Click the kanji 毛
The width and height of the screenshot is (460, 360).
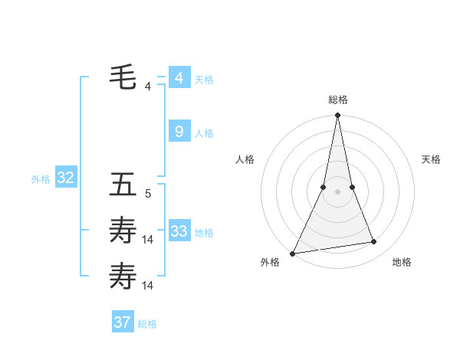(x=123, y=77)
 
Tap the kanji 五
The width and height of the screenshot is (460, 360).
(x=123, y=185)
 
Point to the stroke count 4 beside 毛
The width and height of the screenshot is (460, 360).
(x=148, y=87)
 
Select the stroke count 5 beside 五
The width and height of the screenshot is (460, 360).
(x=148, y=194)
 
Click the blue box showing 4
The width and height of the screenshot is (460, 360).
(x=179, y=78)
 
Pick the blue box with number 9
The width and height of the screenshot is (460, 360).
(x=179, y=132)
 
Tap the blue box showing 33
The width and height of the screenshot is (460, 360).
(x=179, y=231)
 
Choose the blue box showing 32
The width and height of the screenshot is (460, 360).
(x=66, y=178)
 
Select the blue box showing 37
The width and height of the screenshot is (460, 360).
(x=123, y=322)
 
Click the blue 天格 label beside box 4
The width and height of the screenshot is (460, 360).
(x=204, y=80)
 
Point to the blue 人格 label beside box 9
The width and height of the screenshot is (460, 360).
(x=204, y=133)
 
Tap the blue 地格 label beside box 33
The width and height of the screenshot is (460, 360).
(x=204, y=233)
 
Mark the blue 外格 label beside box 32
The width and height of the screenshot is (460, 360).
(x=41, y=179)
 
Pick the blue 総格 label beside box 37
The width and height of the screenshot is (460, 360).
(x=147, y=324)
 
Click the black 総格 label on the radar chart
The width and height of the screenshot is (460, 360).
(x=337, y=100)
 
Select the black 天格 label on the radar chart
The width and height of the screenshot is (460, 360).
(x=432, y=159)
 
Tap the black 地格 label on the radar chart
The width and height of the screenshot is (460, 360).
(x=402, y=262)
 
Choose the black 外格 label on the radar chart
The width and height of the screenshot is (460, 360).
(x=270, y=262)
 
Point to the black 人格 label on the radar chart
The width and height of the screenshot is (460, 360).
(x=245, y=159)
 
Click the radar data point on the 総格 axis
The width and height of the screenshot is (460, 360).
(x=337, y=116)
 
